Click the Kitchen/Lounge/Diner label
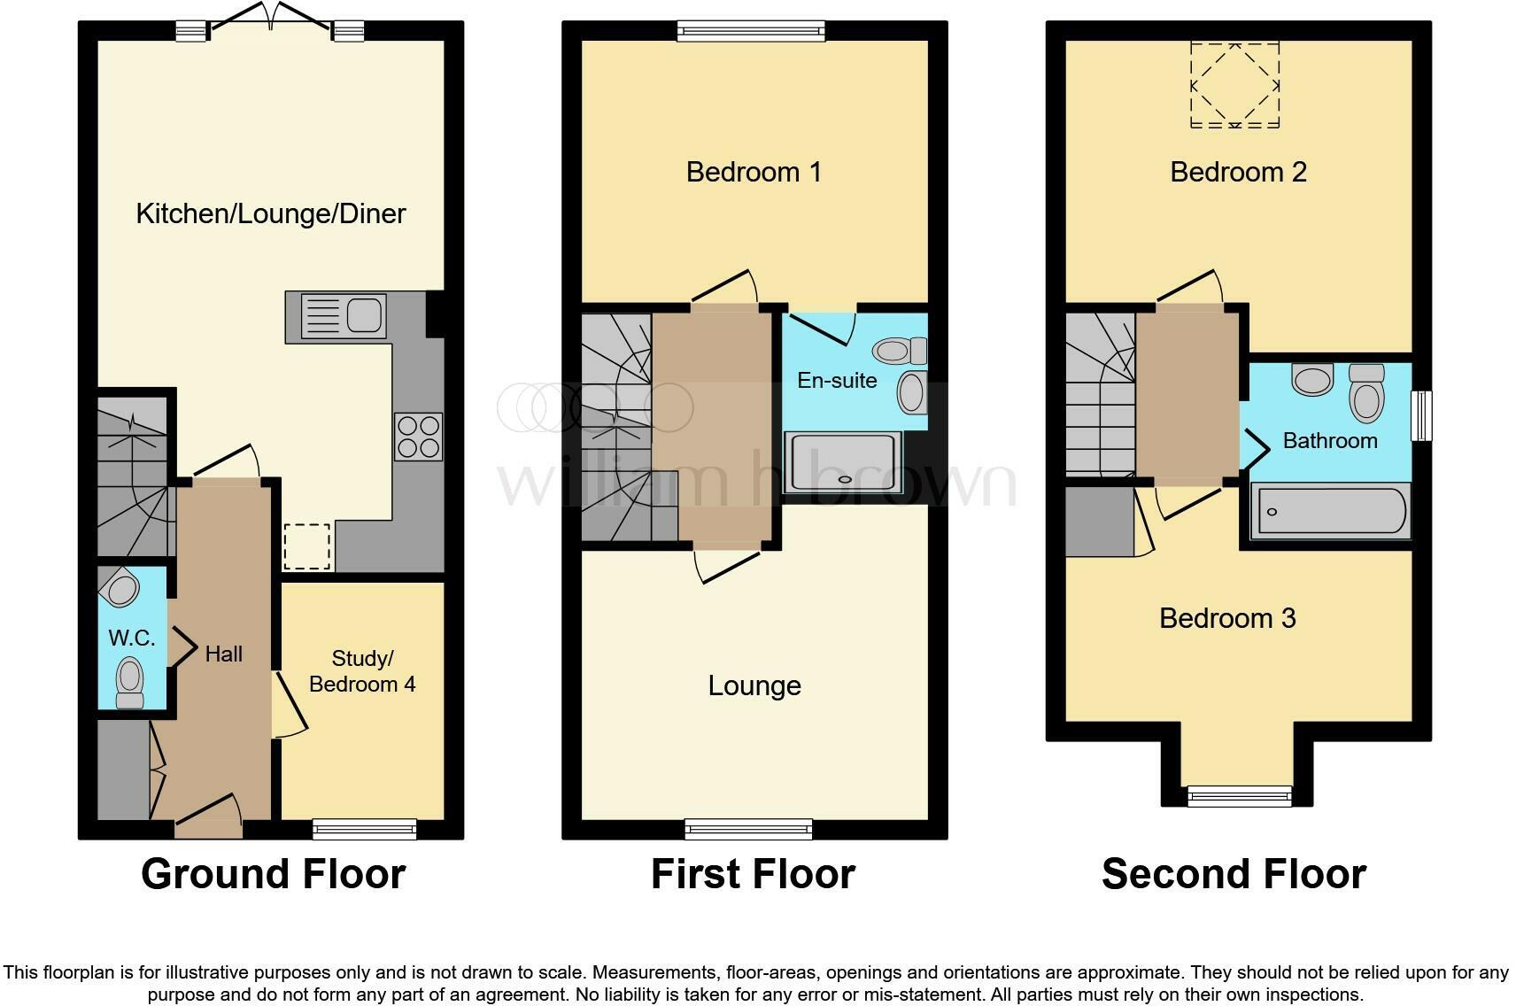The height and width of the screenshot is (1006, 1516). tap(271, 213)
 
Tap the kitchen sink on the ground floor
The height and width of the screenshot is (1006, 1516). tap(344, 316)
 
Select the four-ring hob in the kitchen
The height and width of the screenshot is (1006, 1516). tap(419, 437)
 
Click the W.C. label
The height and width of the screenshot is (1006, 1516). tap(132, 638)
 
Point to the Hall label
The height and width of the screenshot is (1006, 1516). tap(223, 654)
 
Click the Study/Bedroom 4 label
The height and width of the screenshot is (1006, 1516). tap(362, 671)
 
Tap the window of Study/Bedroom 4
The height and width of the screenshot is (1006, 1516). tap(364, 829)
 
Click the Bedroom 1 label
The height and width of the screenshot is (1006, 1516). tap(754, 172)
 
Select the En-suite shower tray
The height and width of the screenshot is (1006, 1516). tap(843, 462)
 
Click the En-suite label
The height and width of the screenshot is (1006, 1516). tap(837, 381)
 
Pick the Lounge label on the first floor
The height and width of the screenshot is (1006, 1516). tap(754, 685)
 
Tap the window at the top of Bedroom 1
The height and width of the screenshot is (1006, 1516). tap(751, 31)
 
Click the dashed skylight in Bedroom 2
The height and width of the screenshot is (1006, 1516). tap(1234, 85)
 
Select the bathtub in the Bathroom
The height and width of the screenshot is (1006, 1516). tap(1329, 512)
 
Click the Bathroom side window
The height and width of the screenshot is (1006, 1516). tap(1420, 415)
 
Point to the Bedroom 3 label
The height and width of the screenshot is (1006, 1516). tap(1227, 618)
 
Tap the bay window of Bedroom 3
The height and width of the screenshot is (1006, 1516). tap(1239, 796)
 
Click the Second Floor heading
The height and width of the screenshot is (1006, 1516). tap(1234, 874)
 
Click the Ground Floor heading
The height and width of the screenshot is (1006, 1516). tap(273, 874)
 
